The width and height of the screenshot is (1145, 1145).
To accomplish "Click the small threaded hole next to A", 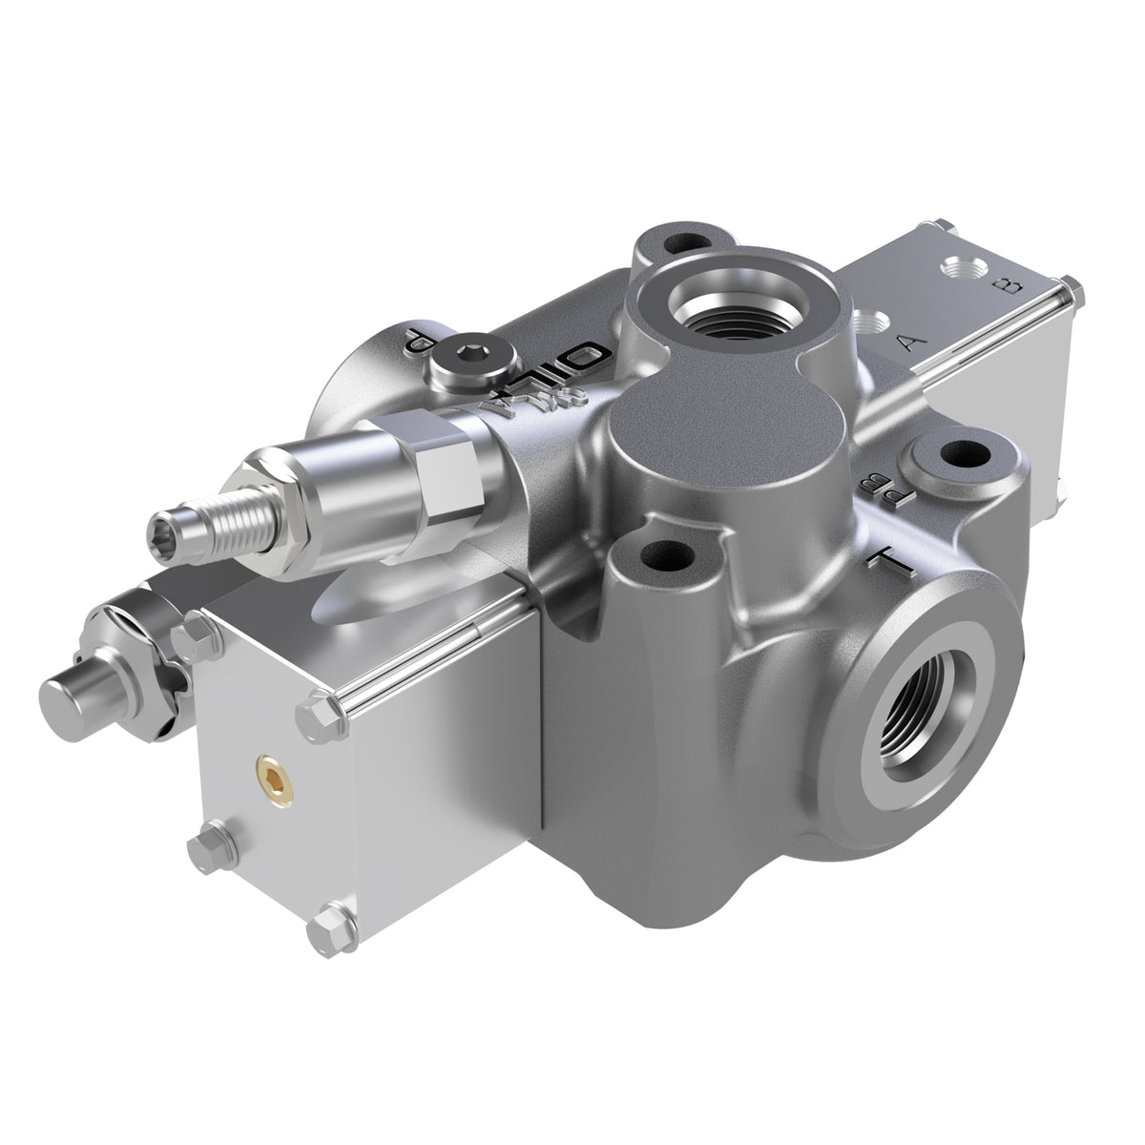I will click(867, 324).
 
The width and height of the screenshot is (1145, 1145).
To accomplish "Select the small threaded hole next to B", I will click(958, 269).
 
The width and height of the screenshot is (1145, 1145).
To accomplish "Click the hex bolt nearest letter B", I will click(1070, 285).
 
